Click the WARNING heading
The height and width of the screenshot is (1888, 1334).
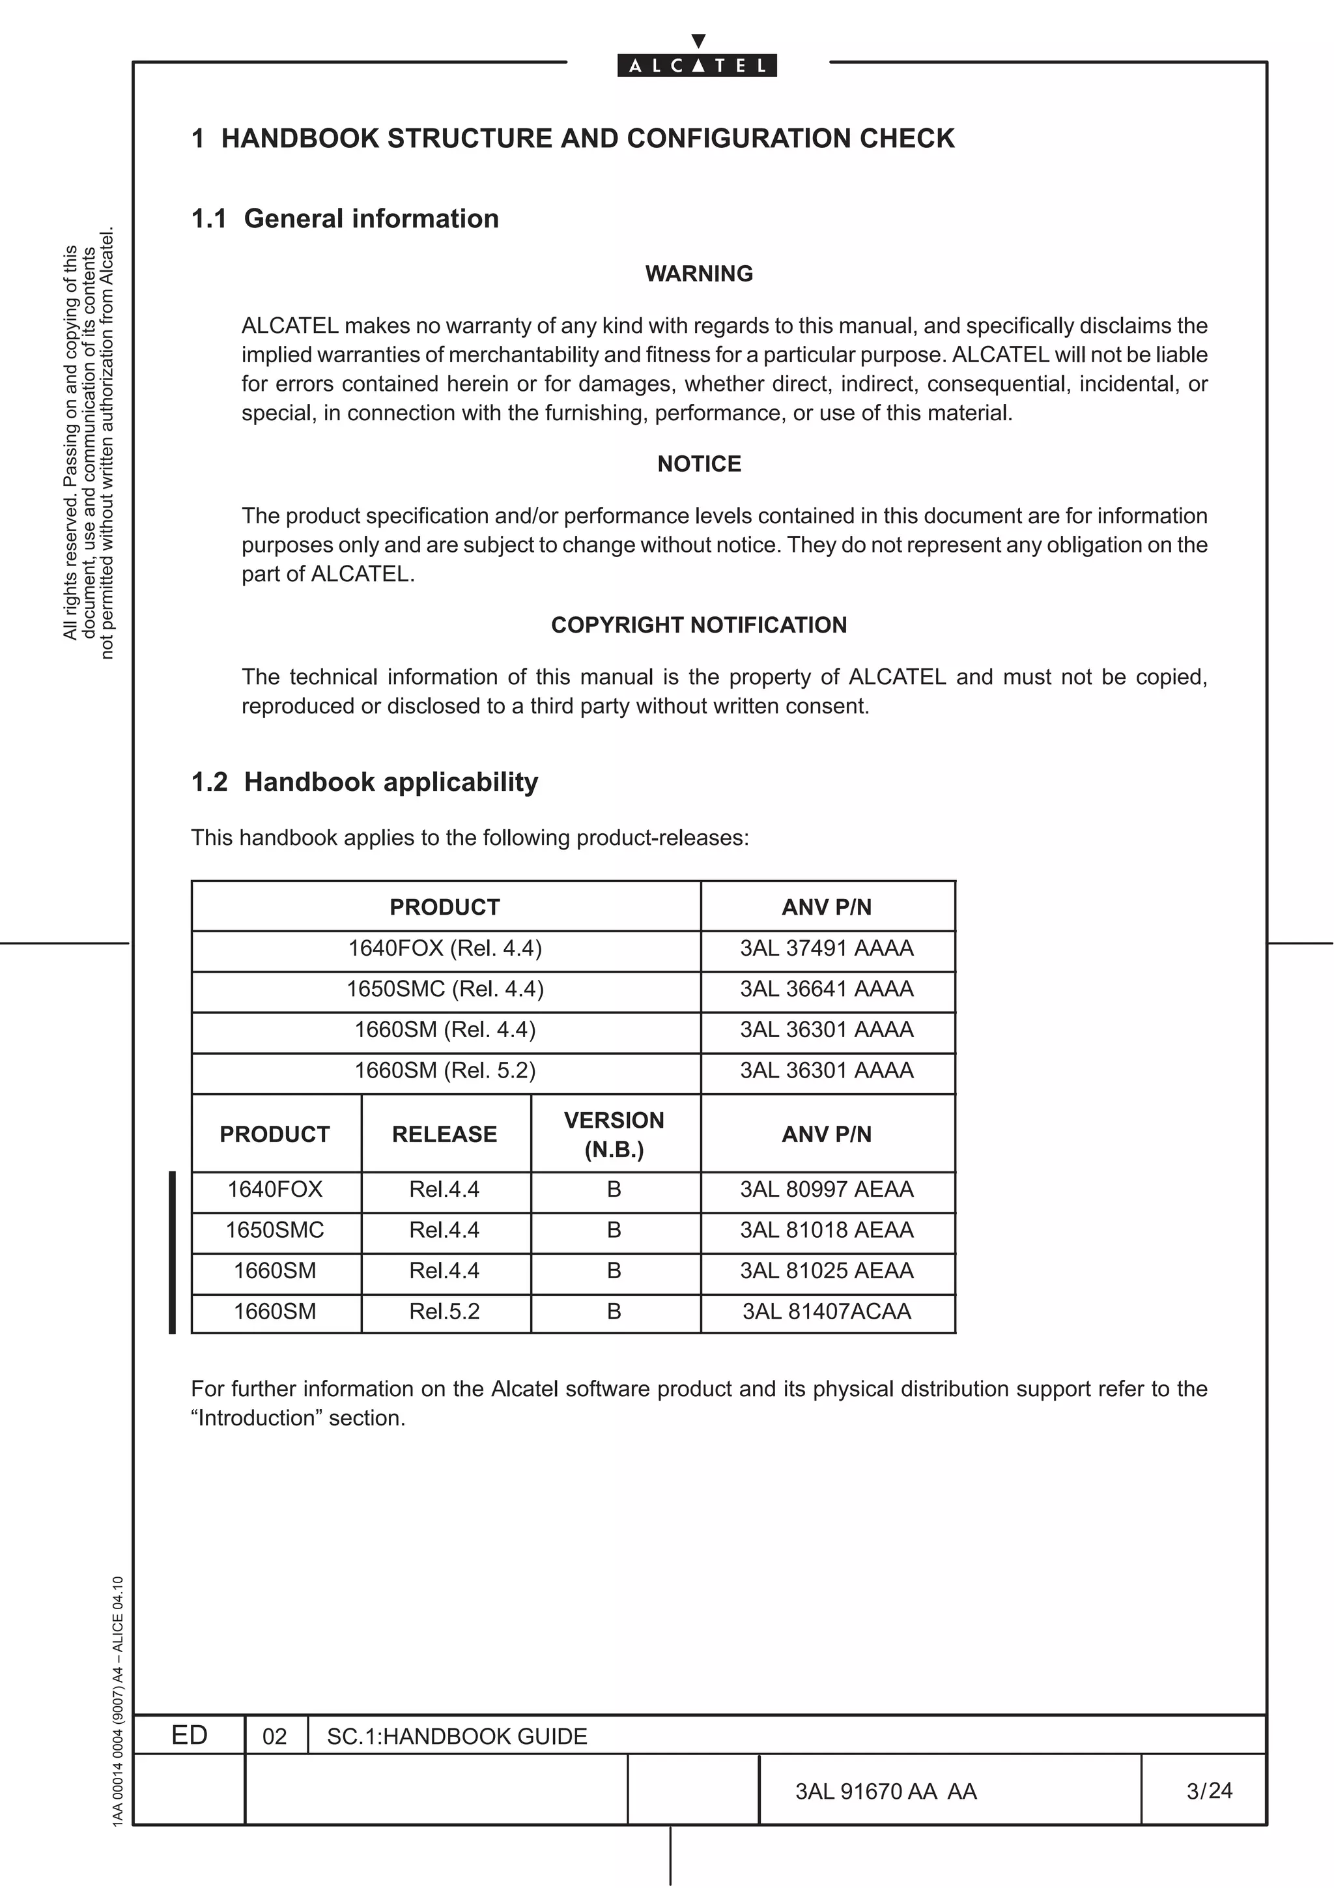(699, 274)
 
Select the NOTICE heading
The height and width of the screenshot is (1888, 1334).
(699, 464)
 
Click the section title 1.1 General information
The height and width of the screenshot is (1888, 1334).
(345, 219)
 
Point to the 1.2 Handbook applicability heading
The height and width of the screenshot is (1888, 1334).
(365, 782)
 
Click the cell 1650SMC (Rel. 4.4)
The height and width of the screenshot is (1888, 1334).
(445, 988)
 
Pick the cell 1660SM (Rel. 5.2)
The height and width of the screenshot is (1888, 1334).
(445, 1070)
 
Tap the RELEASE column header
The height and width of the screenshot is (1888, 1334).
(445, 1135)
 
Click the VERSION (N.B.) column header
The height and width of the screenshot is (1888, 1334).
(614, 1135)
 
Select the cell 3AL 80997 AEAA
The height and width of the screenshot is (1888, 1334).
(826, 1190)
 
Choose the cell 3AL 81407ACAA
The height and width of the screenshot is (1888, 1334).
(826, 1311)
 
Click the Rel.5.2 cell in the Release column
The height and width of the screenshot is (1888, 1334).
(445, 1311)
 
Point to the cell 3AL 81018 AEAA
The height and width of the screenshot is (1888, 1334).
(826, 1230)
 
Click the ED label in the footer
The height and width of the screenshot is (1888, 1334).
(189, 1736)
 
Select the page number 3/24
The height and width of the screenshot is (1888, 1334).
(1209, 1791)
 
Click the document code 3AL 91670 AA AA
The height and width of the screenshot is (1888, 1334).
(885, 1792)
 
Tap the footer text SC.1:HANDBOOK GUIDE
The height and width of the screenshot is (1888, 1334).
(457, 1737)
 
